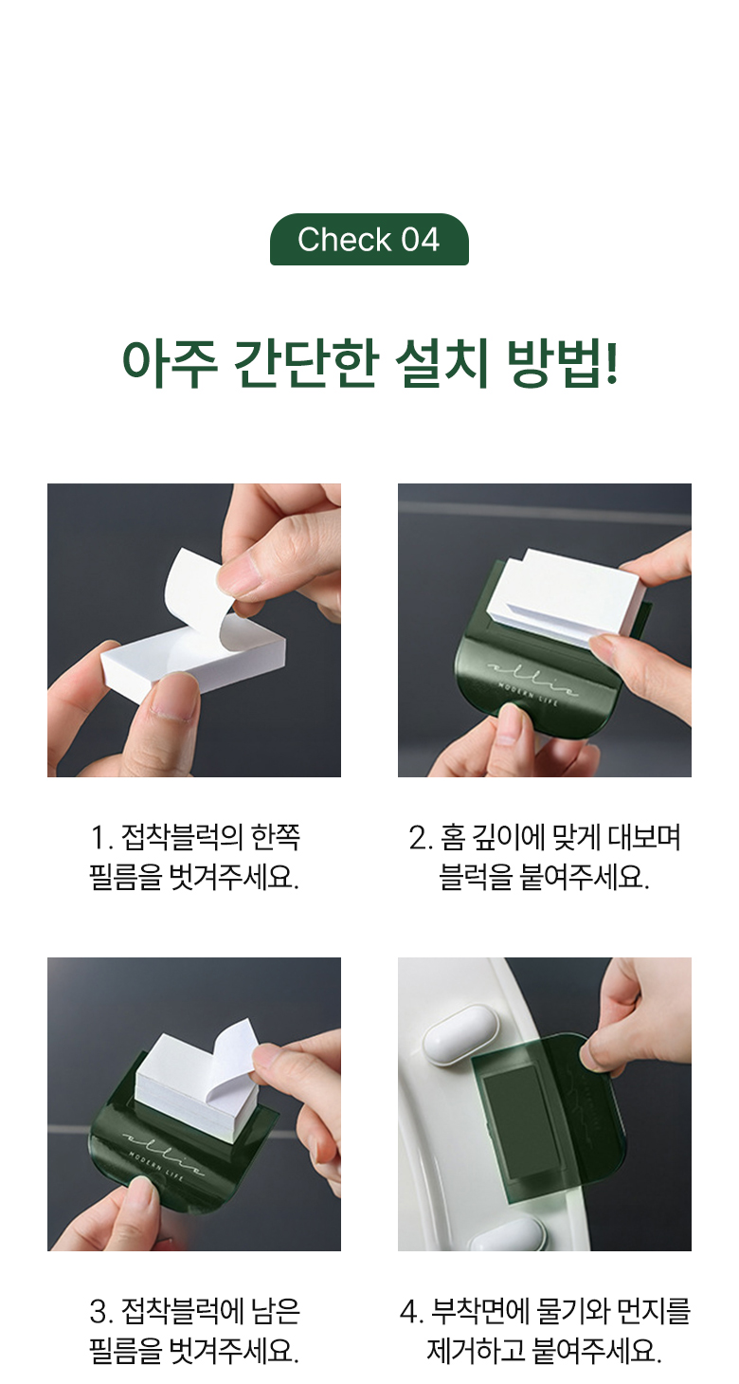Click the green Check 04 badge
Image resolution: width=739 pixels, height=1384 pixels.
click(x=369, y=240)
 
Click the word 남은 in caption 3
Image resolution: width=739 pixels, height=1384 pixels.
click(x=276, y=1311)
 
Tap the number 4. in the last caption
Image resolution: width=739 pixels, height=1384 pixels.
click(x=412, y=1312)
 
